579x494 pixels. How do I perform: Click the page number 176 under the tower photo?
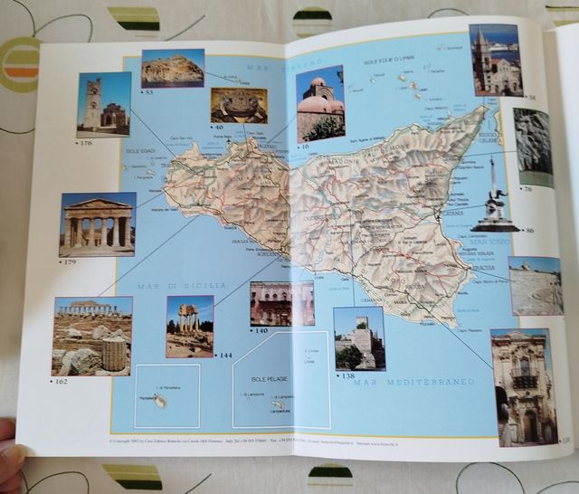click(x=87, y=142)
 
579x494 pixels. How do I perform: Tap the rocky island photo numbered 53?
click(x=172, y=67)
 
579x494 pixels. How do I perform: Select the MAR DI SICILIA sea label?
click(x=181, y=285)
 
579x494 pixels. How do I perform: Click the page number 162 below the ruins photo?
click(x=62, y=382)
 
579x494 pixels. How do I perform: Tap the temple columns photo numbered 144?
click(x=189, y=324)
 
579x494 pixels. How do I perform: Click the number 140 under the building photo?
click(x=261, y=330)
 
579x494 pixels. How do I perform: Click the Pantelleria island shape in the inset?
click(x=160, y=399)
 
